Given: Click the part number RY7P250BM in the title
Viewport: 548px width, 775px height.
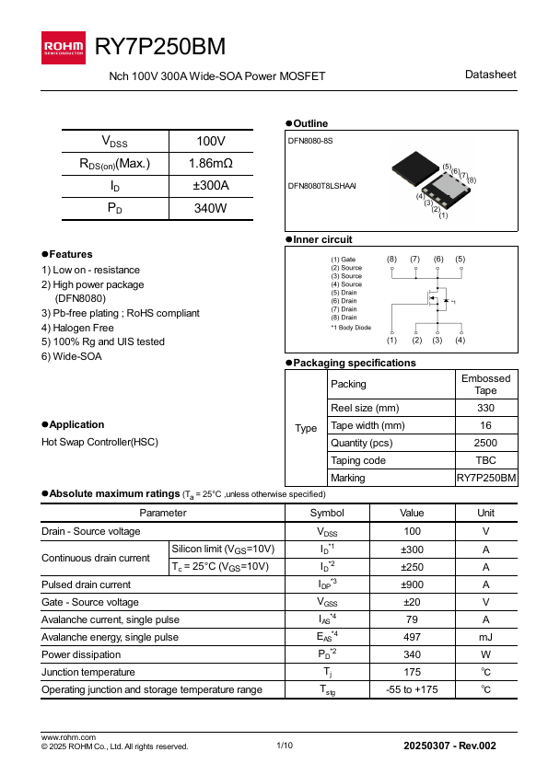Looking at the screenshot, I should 160,47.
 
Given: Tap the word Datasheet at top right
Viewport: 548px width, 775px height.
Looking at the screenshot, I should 491,75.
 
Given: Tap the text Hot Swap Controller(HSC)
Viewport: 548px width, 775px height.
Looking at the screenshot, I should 99,442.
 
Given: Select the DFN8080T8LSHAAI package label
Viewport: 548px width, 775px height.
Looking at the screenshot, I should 321,186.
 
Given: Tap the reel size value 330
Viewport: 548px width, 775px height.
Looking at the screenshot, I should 485,408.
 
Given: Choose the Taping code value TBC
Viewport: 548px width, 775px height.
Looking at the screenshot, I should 485,460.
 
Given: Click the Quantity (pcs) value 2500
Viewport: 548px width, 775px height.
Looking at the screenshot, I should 485,443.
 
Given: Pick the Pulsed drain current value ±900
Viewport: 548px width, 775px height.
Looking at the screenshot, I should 411,584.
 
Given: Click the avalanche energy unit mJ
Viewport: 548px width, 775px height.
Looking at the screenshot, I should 485,637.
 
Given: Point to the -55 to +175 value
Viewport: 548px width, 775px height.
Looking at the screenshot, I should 411,689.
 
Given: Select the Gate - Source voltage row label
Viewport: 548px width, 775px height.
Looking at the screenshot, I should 90,602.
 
